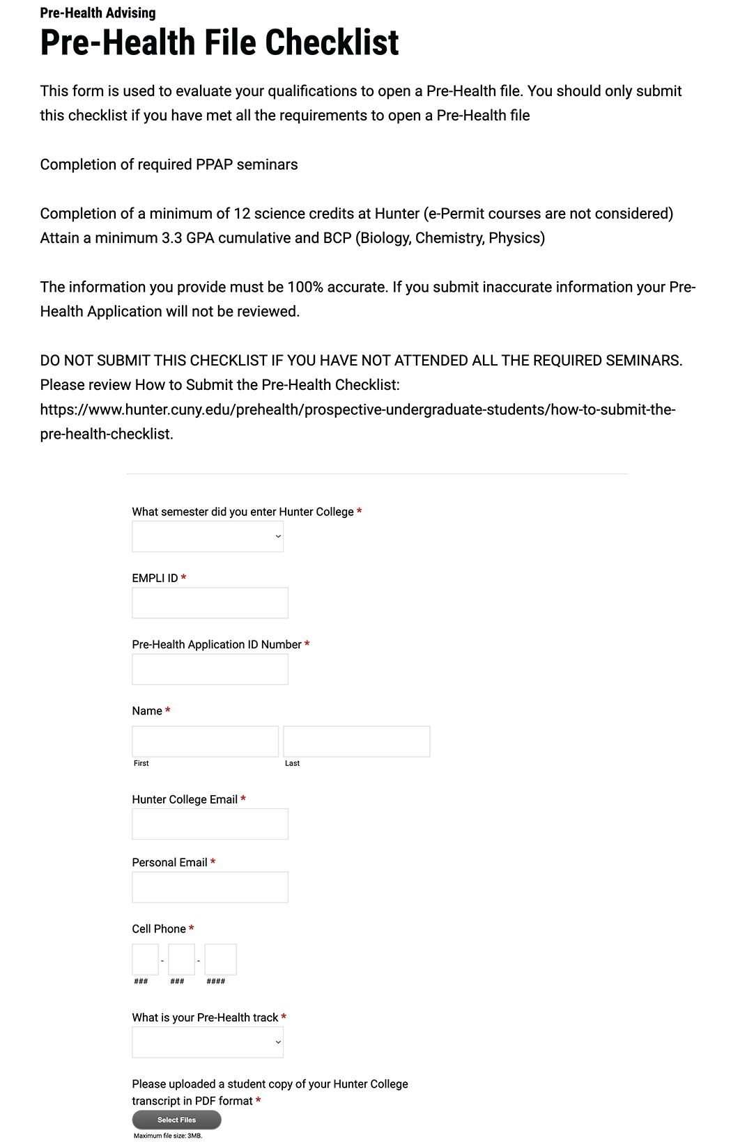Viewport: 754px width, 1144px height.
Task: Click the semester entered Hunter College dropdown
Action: point(208,537)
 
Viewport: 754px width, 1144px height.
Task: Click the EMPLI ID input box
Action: point(210,603)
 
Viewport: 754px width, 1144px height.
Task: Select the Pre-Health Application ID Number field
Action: point(210,669)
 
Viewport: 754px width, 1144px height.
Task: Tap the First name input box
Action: point(205,742)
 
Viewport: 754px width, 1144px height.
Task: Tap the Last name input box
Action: point(356,742)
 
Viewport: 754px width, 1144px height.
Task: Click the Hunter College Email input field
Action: point(210,824)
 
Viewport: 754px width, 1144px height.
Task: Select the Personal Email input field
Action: point(210,887)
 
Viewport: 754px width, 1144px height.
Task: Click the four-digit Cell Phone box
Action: point(220,959)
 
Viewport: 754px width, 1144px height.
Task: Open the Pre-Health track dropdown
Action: point(208,1042)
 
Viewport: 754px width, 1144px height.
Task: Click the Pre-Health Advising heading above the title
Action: point(98,13)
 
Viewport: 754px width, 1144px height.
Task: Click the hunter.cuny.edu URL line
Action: point(357,409)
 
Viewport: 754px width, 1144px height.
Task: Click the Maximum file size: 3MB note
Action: point(168,1136)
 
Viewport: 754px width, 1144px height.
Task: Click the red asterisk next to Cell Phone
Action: point(192,929)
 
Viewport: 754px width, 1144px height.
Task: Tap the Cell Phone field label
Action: point(159,929)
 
